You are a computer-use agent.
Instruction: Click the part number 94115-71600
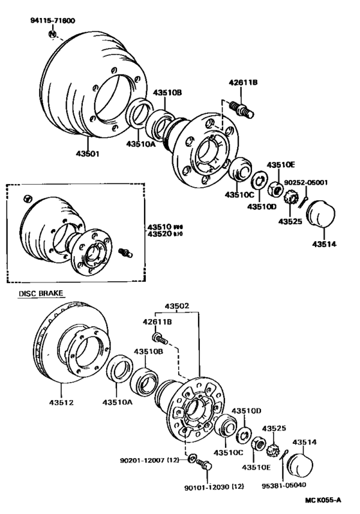coord(53,21)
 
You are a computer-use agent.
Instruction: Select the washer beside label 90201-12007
coord(190,457)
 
